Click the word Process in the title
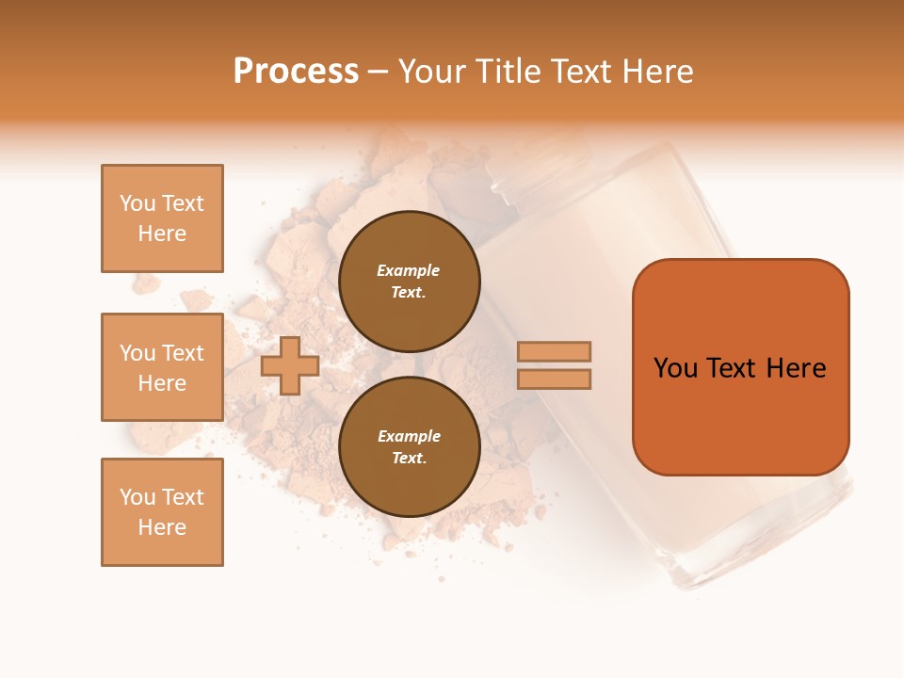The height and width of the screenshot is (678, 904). tap(296, 72)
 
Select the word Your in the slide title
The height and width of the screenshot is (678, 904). tap(433, 72)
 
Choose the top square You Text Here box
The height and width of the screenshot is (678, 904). tap(162, 218)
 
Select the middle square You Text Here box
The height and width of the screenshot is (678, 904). tap(162, 367)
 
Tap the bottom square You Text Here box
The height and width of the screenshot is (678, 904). tap(162, 512)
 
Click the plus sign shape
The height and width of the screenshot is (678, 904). tap(290, 365)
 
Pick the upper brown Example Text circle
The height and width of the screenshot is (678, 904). tap(409, 282)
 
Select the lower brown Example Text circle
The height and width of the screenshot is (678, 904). tap(409, 447)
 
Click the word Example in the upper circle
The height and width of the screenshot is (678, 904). tap(409, 271)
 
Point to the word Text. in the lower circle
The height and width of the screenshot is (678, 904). tap(409, 459)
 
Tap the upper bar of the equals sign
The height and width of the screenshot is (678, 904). tap(554, 351)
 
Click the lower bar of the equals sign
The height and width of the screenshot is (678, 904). tap(554, 379)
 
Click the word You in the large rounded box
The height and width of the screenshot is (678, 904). tap(675, 368)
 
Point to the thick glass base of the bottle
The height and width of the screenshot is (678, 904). tap(753, 556)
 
